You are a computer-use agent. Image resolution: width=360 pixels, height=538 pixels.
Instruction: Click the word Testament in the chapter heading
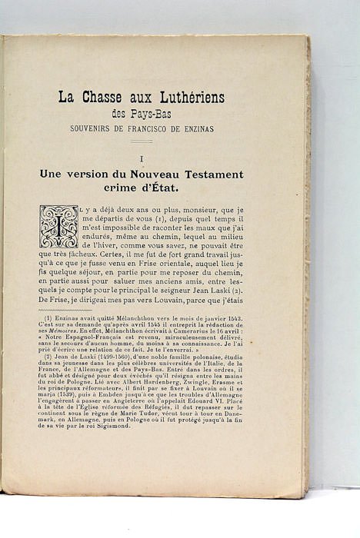click(208, 174)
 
